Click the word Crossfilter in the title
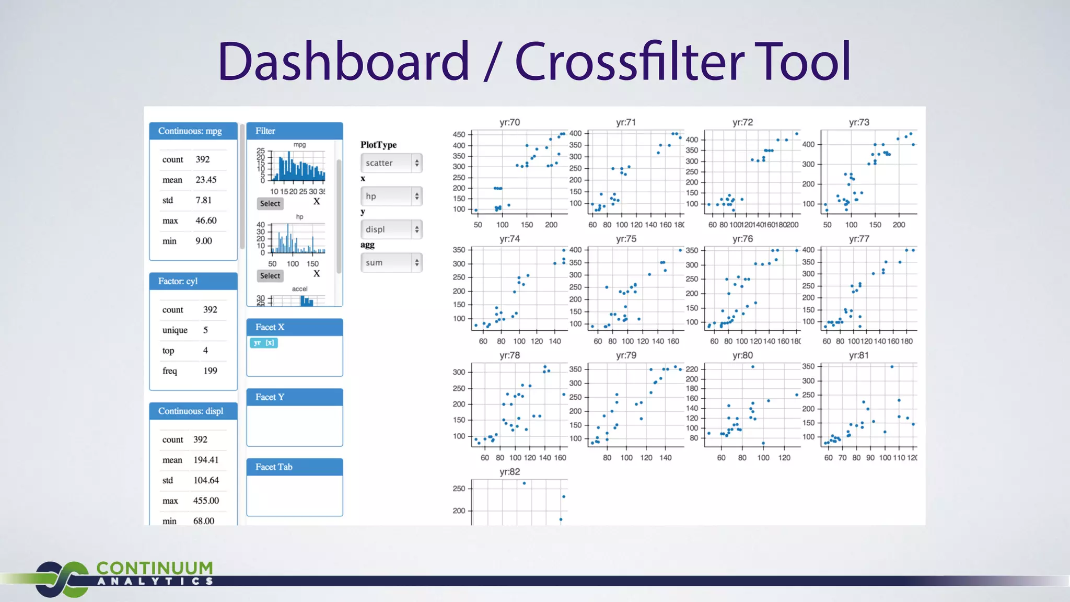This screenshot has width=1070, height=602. click(629, 62)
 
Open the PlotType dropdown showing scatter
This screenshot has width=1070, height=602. click(391, 163)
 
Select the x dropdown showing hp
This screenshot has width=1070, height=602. click(391, 196)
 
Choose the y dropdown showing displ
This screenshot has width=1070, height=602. click(391, 229)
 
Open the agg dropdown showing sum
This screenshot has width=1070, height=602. click(391, 262)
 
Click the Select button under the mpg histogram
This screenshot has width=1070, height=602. click(270, 204)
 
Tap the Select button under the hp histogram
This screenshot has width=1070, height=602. click(270, 276)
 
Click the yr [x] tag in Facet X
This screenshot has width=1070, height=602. click(264, 343)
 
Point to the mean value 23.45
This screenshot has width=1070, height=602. click(206, 180)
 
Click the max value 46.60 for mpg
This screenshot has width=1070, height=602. click(206, 221)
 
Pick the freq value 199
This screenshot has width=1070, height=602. click(210, 371)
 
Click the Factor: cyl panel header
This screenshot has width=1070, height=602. click(193, 281)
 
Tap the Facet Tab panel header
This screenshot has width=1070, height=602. click(294, 467)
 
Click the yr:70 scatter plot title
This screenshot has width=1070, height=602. click(509, 122)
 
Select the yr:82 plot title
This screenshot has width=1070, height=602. click(509, 472)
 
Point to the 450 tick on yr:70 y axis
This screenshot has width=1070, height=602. click(459, 134)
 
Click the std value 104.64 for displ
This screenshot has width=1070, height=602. click(206, 480)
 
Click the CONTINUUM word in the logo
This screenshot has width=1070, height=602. click(155, 568)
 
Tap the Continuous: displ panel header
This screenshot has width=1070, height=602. click(193, 411)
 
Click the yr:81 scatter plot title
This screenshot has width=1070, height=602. click(859, 355)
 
